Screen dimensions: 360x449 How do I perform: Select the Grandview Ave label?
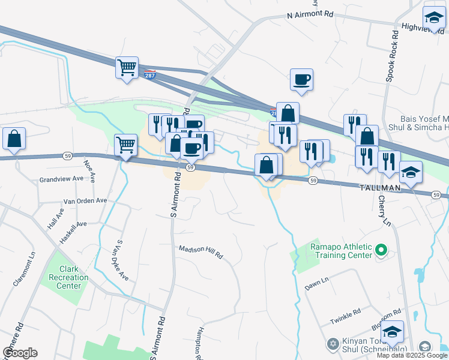(x=61, y=179)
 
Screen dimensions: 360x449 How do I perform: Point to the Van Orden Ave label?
(x=85, y=200)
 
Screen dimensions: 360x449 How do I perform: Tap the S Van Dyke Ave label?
(x=122, y=260)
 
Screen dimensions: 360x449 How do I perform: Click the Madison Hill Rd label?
(x=201, y=251)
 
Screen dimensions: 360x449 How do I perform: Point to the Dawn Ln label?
(x=317, y=284)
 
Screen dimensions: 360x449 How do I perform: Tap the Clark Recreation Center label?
(x=68, y=277)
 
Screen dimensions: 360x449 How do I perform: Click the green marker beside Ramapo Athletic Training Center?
(x=379, y=249)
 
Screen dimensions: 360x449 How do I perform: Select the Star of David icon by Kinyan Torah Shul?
(x=332, y=344)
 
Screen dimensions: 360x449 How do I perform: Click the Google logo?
(x=20, y=353)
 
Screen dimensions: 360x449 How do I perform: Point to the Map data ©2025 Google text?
(x=411, y=355)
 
